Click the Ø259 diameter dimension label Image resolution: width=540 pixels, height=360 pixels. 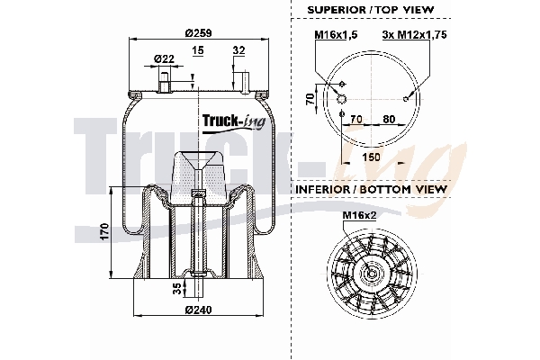pyautogui.click(x=198, y=32)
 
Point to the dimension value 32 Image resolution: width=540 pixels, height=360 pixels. pyautogui.click(x=238, y=51)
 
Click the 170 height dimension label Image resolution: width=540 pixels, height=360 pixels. pyautogui.click(x=104, y=232)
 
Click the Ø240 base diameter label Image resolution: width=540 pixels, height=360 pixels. pyautogui.click(x=198, y=310)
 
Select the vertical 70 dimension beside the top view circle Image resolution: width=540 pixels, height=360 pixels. pyautogui.click(x=309, y=98)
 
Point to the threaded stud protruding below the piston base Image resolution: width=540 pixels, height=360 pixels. pyautogui.click(x=198, y=292)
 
